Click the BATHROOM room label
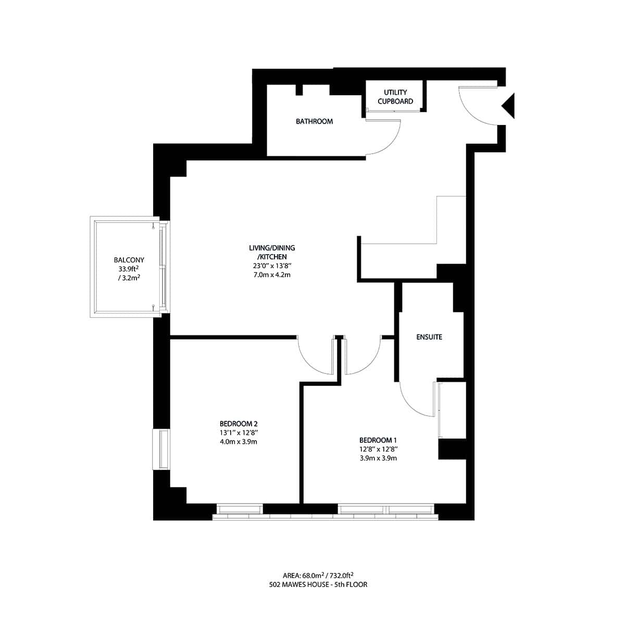pos(314,121)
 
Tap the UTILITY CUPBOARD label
pos(395,97)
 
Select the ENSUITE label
pos(429,337)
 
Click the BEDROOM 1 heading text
pos(378,440)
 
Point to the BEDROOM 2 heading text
pos(239,423)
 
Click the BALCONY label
pos(129,260)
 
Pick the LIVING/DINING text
pos(268,248)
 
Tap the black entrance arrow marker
pos(509,106)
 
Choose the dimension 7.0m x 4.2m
pos(268,274)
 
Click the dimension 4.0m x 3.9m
pos(239,442)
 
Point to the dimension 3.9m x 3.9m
pos(378,458)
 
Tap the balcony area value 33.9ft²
pos(129,269)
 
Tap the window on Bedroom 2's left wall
pos(161,449)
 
